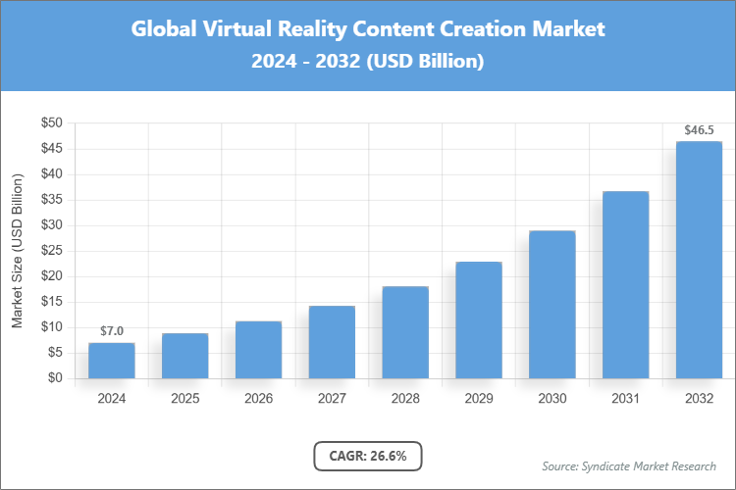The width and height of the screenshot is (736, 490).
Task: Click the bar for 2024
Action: pyautogui.click(x=111, y=360)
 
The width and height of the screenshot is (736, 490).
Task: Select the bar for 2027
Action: pyautogui.click(x=332, y=342)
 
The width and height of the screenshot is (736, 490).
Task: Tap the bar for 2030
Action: pyautogui.click(x=552, y=304)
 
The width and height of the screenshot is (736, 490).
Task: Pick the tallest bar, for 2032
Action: pyautogui.click(x=699, y=260)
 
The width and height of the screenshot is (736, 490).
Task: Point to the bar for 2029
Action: pyautogui.click(x=479, y=319)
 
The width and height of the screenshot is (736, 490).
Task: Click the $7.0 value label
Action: pyautogui.click(x=112, y=331)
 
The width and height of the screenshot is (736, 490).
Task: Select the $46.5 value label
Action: pyautogui.click(x=699, y=129)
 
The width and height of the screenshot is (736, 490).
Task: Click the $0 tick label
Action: pyautogui.click(x=55, y=378)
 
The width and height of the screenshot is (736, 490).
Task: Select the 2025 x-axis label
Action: pyautogui.click(x=184, y=399)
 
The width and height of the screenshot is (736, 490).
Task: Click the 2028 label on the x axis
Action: pyautogui.click(x=405, y=399)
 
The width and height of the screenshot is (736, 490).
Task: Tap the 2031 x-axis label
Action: pyautogui.click(x=625, y=399)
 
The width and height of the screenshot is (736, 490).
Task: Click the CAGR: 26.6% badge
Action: pyautogui.click(x=368, y=456)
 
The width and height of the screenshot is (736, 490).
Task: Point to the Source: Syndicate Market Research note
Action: pyautogui.click(x=628, y=465)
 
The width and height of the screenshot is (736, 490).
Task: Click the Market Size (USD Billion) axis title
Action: pyautogui.click(x=17, y=251)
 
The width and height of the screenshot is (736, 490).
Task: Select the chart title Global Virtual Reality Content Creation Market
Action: pyautogui.click(x=368, y=29)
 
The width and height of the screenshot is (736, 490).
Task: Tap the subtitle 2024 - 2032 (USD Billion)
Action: pyautogui.click(x=368, y=61)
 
